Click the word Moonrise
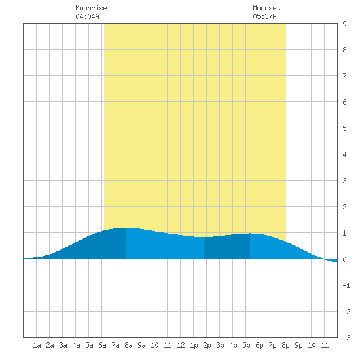pos(91,9)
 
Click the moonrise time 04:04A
pos(87,16)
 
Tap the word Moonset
pos(266,9)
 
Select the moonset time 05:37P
pos(264,16)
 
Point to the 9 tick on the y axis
pos(344,24)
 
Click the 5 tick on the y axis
pos(344,128)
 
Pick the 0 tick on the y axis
pos(344,259)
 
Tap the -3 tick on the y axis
pos(346,338)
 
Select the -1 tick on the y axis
pos(346,285)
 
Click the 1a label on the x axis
pos(37,345)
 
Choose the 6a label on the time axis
pos(102,345)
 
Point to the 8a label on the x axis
pos(128,345)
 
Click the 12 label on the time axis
pos(181,345)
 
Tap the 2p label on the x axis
pos(207,346)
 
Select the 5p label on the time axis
pos(246,346)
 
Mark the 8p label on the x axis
pos(285,346)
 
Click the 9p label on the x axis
pos(298,346)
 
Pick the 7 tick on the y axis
pos(344,76)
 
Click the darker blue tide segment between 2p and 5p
pos(227,247)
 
